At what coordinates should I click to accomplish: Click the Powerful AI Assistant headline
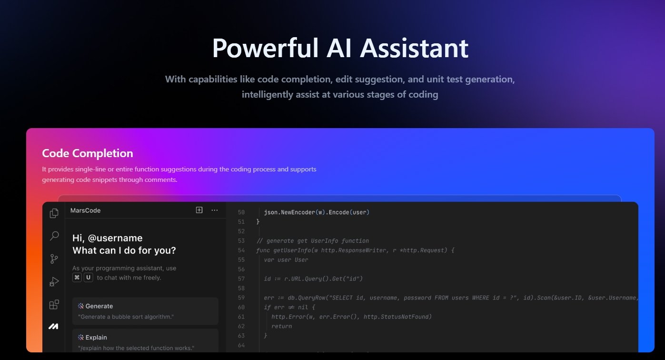[340, 48]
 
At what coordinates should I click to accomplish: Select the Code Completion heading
[88, 153]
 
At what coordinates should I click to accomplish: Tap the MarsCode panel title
[86, 210]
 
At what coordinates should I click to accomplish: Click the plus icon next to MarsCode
[199, 210]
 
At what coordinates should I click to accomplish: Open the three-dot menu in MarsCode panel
[215, 210]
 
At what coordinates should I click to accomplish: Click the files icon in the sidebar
[54, 213]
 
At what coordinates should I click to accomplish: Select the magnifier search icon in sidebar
[54, 236]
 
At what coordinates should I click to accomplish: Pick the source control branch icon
[54, 259]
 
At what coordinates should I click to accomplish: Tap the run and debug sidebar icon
[54, 282]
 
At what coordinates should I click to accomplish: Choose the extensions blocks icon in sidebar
[54, 305]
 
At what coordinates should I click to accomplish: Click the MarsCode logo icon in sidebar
[54, 326]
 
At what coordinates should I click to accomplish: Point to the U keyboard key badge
[89, 278]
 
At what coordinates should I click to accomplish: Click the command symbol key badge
[77, 278]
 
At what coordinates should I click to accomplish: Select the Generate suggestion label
[99, 306]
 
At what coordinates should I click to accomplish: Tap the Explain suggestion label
[96, 338]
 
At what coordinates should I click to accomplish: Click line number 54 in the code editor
[241, 250]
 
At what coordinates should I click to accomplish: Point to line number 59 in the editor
[241, 298]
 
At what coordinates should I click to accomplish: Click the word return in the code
[281, 327]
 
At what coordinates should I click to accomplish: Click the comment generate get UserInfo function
[313, 241]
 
